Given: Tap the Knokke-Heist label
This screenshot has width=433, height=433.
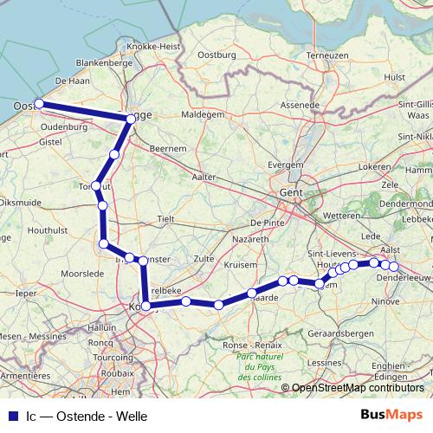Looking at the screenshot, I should click(x=152, y=45).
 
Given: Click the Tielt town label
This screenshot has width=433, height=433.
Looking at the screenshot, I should click(x=166, y=218).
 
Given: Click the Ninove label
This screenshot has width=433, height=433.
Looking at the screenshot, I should click(x=384, y=301).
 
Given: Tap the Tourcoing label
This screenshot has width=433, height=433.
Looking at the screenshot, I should click(x=113, y=357).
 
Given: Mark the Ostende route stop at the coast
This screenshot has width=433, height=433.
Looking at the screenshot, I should click(x=39, y=104).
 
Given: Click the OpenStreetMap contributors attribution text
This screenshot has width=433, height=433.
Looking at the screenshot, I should click(x=357, y=388).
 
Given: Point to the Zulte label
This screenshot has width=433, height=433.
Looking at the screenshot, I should click(x=204, y=258).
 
